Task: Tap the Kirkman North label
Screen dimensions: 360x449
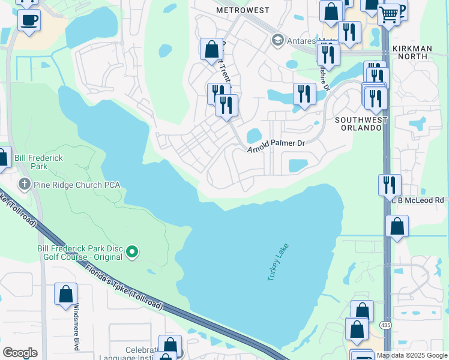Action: tap(419, 52)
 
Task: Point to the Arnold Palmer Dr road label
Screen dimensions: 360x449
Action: tap(277, 145)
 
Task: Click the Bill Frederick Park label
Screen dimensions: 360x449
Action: tap(38, 161)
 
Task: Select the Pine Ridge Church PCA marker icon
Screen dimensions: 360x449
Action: tap(25, 184)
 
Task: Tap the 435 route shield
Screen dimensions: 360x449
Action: tap(387, 325)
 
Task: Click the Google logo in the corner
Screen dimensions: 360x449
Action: tap(20, 353)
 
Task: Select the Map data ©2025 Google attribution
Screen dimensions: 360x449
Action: tap(412, 355)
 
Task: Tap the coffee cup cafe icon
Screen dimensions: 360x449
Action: tap(29, 20)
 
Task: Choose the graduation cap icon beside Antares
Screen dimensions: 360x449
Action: tap(277, 41)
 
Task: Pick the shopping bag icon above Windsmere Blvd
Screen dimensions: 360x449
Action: tap(65, 294)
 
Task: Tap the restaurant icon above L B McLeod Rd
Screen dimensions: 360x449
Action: tap(390, 184)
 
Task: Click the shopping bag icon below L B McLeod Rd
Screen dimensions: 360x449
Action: tap(397, 226)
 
